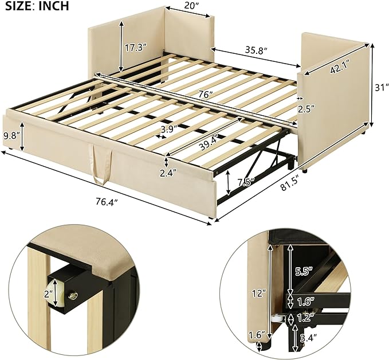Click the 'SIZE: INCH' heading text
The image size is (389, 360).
(x=37, y=6)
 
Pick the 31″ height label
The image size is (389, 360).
(x=382, y=87)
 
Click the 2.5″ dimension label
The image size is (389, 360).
(x=306, y=108)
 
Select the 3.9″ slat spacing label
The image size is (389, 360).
(x=169, y=129)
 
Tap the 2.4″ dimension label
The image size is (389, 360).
(x=168, y=173)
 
